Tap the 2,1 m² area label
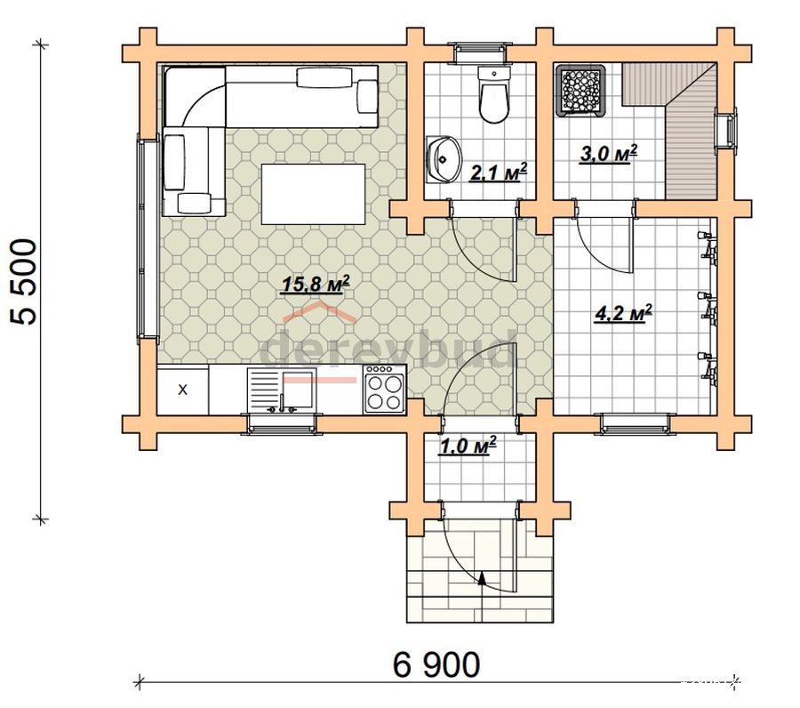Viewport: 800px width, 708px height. click(498, 173)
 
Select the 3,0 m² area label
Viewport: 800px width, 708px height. click(609, 153)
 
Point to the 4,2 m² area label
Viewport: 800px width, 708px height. click(623, 314)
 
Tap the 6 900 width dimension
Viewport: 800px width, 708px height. click(436, 664)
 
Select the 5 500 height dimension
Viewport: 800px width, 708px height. click(24, 282)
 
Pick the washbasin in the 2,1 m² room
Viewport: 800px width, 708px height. click(443, 159)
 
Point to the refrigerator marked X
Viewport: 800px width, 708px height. click(182, 390)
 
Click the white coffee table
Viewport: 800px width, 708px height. click(313, 194)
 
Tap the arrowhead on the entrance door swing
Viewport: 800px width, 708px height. click(482, 577)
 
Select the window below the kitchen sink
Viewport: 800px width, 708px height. click(282, 423)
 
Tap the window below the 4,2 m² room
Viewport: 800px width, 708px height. click(635, 423)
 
